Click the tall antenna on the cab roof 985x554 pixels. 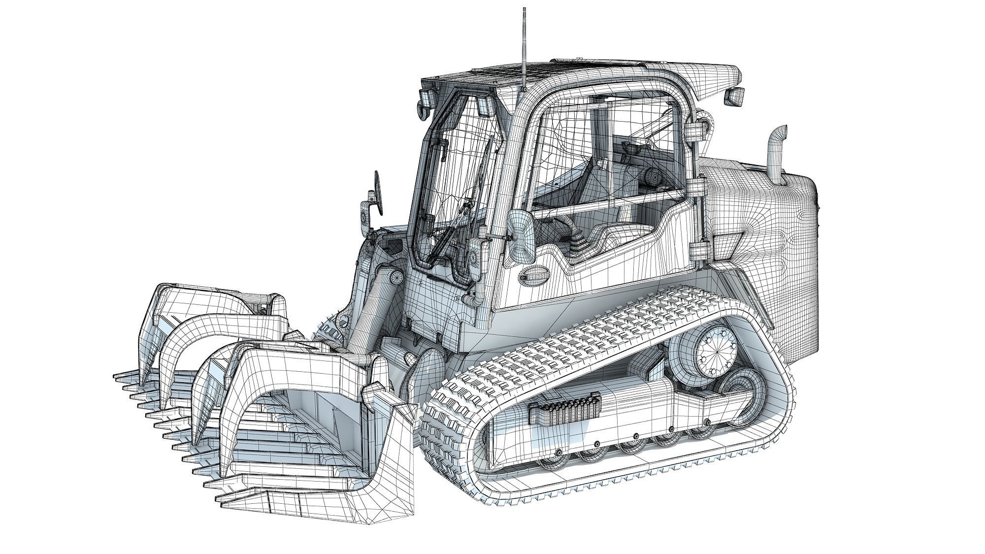coord(524,49)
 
